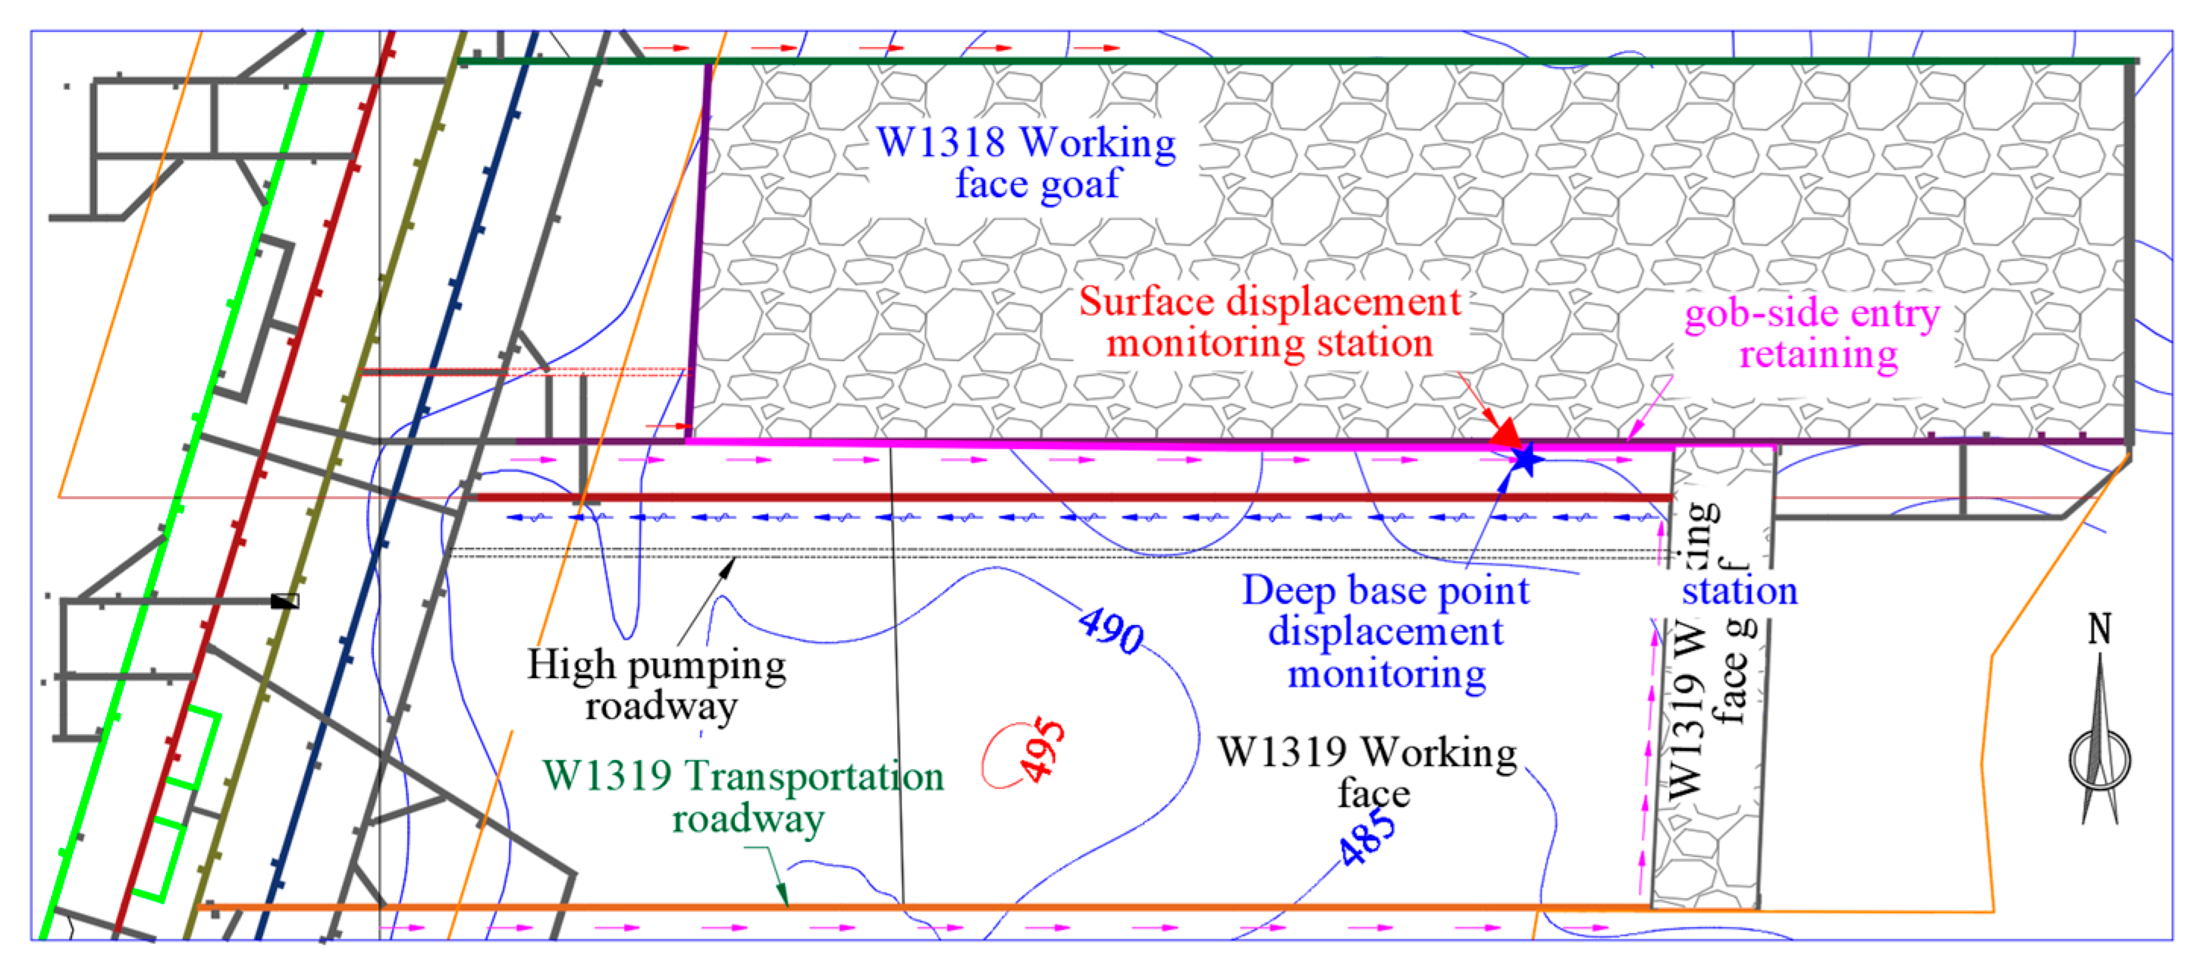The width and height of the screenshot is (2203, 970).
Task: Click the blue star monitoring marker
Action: [1525, 460]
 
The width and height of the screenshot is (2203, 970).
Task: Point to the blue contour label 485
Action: [1367, 837]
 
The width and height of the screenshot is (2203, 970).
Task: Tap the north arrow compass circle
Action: [2100, 761]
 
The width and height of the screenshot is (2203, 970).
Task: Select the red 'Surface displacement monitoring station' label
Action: [1270, 322]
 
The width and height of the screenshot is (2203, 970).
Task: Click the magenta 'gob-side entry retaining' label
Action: [1813, 334]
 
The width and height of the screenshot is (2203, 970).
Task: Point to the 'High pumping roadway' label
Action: [657, 685]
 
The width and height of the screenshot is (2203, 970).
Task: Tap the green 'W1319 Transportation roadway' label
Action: [744, 796]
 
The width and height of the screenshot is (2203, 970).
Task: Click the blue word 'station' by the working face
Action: [1740, 591]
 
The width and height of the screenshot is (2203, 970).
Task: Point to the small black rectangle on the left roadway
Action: [285, 601]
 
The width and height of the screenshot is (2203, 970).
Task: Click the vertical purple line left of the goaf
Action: [698, 248]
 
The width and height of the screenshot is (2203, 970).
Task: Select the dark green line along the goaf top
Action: [1283, 61]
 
